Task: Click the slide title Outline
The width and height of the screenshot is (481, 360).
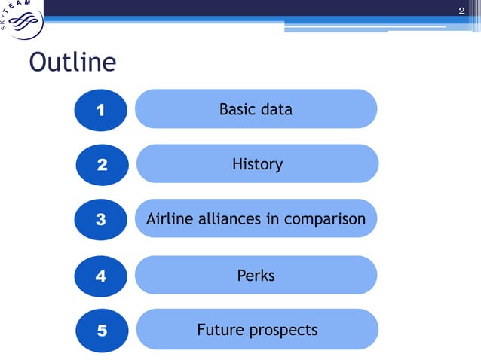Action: click(x=72, y=63)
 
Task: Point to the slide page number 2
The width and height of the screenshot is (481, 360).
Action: click(x=462, y=9)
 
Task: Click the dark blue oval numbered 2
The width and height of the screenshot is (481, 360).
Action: click(x=101, y=165)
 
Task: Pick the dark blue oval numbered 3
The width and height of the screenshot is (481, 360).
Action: click(x=101, y=220)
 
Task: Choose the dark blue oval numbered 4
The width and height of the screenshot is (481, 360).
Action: click(x=101, y=276)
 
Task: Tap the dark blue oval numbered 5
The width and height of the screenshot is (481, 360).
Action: click(x=101, y=331)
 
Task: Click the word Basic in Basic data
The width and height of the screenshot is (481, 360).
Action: click(x=237, y=110)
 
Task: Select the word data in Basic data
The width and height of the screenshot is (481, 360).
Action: click(x=275, y=110)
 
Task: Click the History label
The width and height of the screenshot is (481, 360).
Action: click(x=257, y=164)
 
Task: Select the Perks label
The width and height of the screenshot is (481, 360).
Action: click(x=256, y=276)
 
